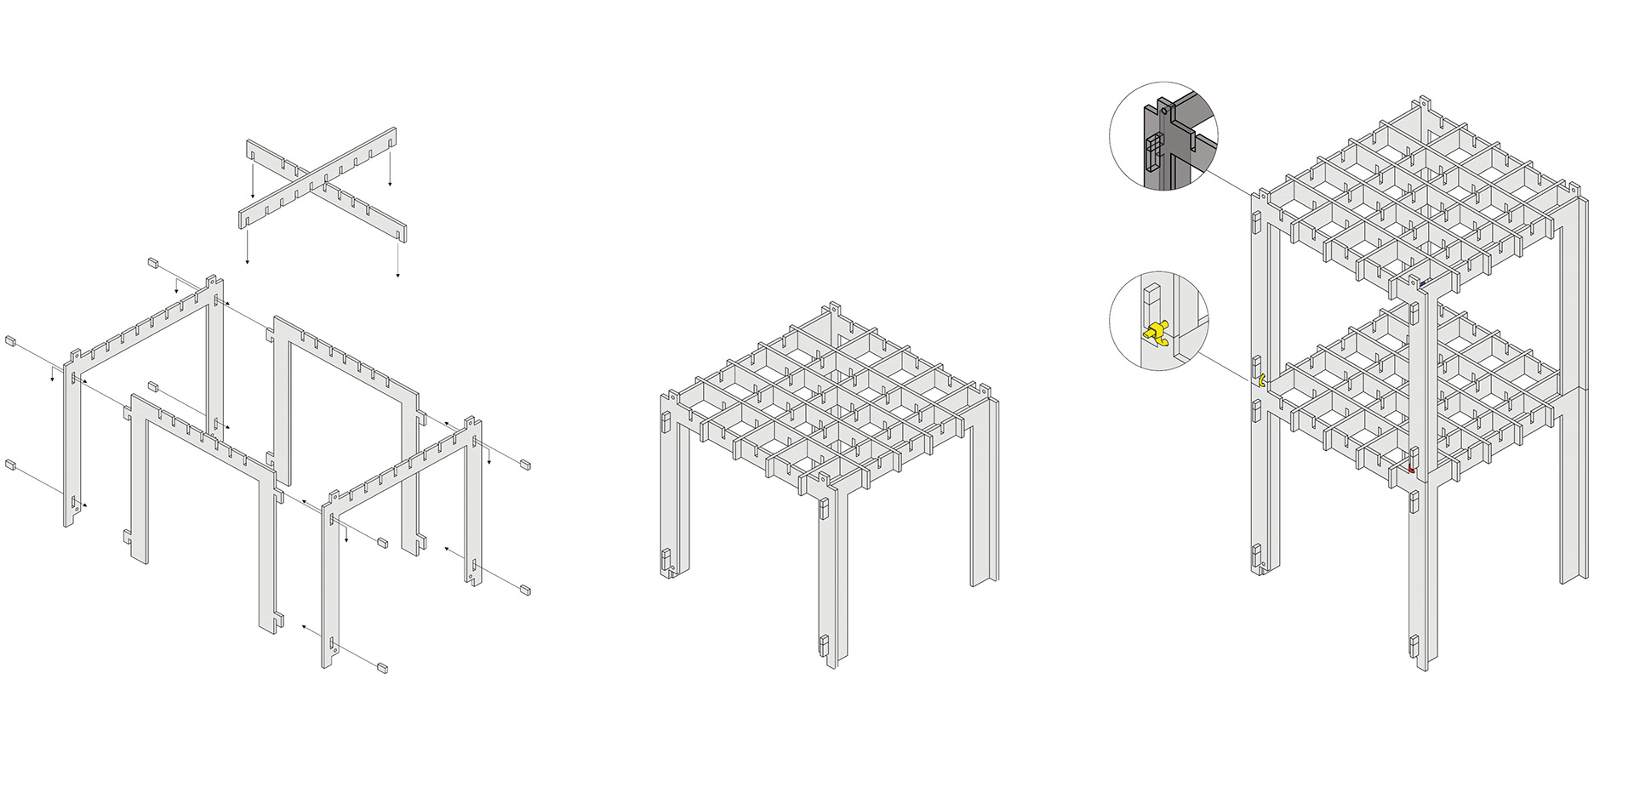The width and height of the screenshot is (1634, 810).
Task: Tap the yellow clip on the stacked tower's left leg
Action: pyautogui.click(x=1261, y=379)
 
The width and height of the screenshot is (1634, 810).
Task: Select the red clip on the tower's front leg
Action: pyautogui.click(x=1411, y=469)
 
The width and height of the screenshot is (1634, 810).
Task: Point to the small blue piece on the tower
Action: pyautogui.click(x=1422, y=282)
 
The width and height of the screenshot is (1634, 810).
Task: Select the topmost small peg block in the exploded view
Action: pyautogui.click(x=154, y=263)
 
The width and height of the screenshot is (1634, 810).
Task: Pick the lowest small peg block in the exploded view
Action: pyautogui.click(x=382, y=668)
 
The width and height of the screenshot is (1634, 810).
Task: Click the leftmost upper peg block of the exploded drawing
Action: pyautogui.click(x=11, y=341)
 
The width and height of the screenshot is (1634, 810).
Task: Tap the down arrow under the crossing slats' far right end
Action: pyautogui.click(x=397, y=275)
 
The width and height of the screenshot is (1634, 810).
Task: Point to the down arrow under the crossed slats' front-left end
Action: pyautogui.click(x=248, y=260)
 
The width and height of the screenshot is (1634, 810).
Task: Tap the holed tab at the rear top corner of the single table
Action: pyautogui.click(x=834, y=308)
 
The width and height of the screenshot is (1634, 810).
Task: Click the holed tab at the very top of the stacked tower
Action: pyautogui.click(x=1423, y=103)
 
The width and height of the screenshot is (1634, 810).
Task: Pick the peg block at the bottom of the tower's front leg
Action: pyautogui.click(x=1414, y=646)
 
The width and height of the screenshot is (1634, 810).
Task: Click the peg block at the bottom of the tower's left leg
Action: pyautogui.click(x=1256, y=554)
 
